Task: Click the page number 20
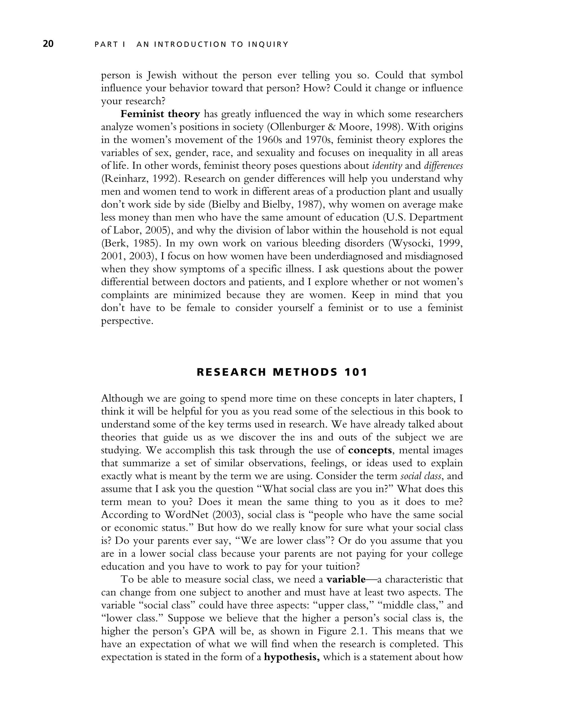tap(48, 44)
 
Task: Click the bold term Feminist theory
tap(160, 114)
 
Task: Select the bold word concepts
tap(370, 450)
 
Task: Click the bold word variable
tap(346, 579)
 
